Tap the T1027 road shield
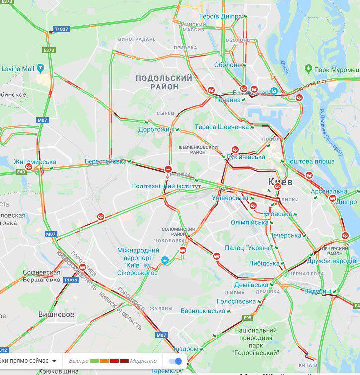pyautogui.click(x=61, y=30)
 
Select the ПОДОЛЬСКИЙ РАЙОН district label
pyautogui.click(x=164, y=82)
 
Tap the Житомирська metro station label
pyautogui.click(x=35, y=162)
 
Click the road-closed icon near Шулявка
pyautogui.click(x=168, y=169)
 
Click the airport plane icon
pyautogui.click(x=165, y=260)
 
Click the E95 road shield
pyautogui.click(x=248, y=317)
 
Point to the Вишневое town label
pyautogui.click(x=56, y=314)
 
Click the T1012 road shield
pyautogui.click(x=70, y=280)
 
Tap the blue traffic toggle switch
pyautogui.click(x=175, y=361)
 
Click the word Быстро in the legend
pyautogui.click(x=79, y=361)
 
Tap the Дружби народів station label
pyautogui.click(x=331, y=261)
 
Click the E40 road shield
pyautogui.click(x=21, y=172)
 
